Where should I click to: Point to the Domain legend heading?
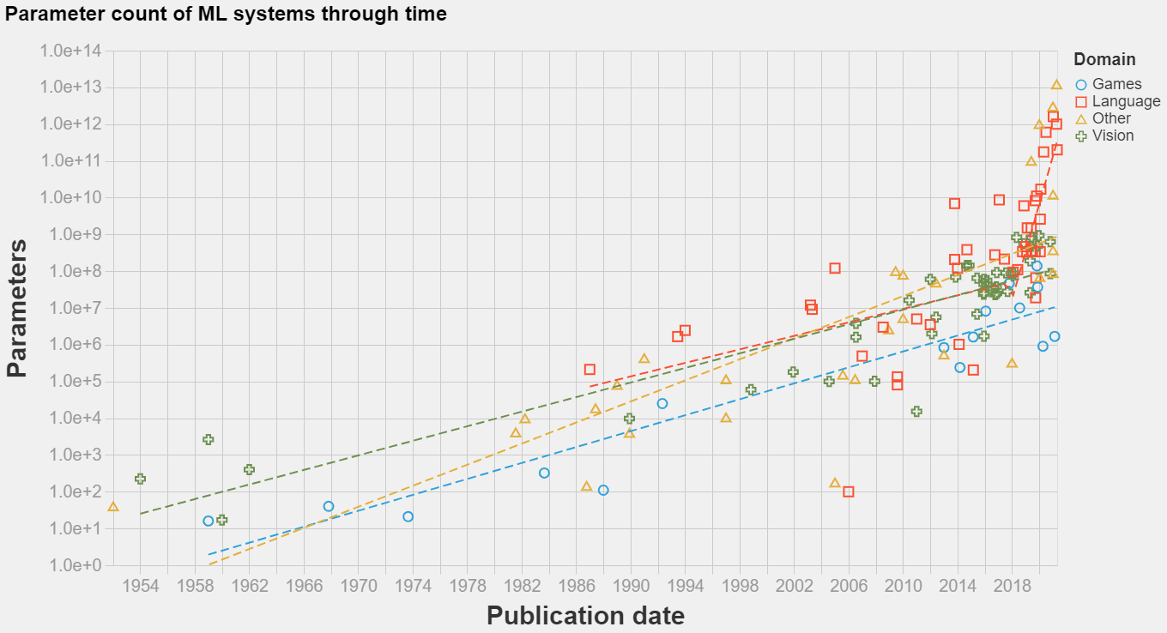pos(1104,59)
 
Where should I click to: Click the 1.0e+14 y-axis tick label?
pos(71,51)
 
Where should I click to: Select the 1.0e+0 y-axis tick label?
pos(71,566)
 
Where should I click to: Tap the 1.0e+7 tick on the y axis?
pos(71,309)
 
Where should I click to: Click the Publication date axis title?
pos(585,615)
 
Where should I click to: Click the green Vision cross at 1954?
pos(140,479)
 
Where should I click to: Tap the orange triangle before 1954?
pos(112,507)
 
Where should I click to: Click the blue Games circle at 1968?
pos(328,506)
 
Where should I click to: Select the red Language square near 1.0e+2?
pos(848,491)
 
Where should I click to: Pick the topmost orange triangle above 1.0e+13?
pos(1056,84)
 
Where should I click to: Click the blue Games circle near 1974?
pos(408,516)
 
